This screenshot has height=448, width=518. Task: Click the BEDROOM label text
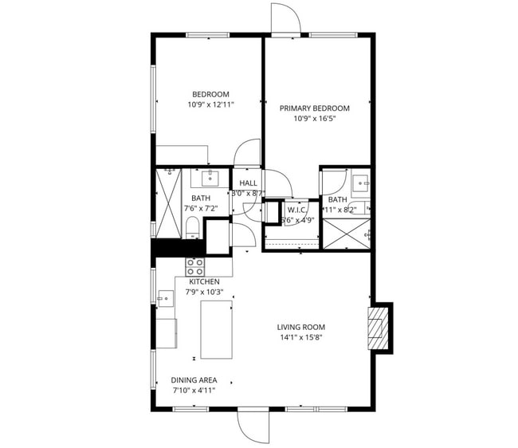click(209, 94)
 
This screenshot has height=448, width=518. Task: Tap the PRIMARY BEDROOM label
click(314, 108)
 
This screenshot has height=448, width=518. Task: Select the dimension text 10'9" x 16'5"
click(314, 120)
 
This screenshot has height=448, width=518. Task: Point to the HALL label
click(247, 183)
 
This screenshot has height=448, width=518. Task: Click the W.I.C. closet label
click(297, 210)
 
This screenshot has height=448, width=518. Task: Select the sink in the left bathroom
click(211, 175)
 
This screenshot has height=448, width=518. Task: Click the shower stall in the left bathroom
click(168, 202)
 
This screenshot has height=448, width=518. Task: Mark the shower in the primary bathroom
click(344, 234)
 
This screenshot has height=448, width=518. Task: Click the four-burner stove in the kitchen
click(195, 266)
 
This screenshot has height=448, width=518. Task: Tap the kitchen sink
click(166, 300)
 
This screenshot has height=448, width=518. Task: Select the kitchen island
click(216, 328)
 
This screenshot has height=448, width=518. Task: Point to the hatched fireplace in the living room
click(376, 327)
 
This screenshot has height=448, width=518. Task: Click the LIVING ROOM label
click(300, 327)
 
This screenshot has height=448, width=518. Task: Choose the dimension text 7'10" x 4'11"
click(194, 391)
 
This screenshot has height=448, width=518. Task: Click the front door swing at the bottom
click(253, 427)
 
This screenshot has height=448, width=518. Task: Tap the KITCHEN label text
click(204, 281)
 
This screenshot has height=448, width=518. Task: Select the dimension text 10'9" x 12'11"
click(209, 105)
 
